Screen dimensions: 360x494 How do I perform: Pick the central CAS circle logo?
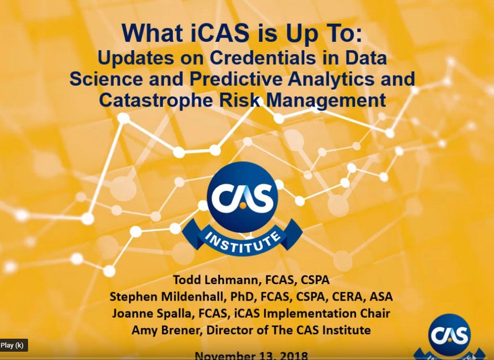pos(242,197)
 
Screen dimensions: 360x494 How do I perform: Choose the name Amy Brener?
pos(159,330)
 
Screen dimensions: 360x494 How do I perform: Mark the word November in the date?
pos(224,356)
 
